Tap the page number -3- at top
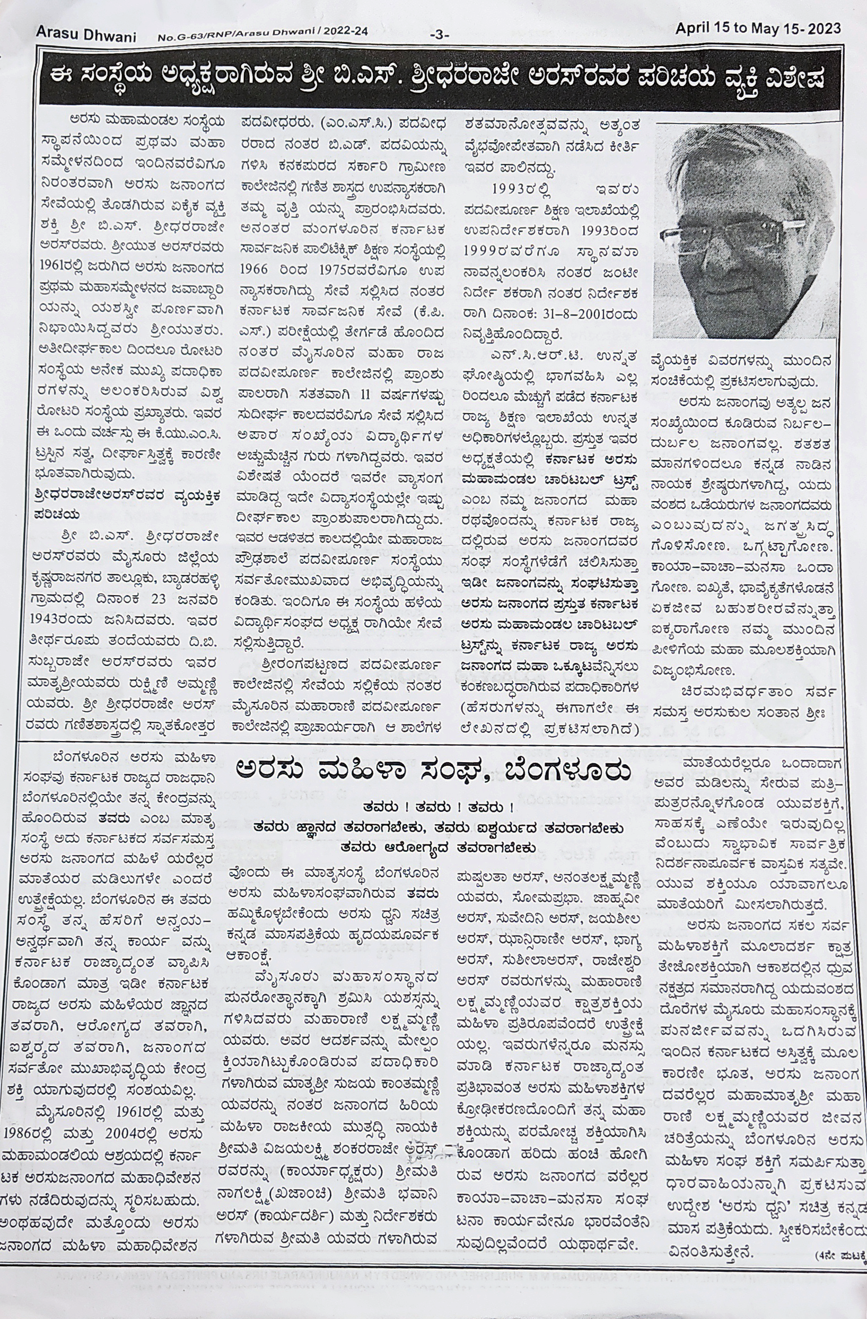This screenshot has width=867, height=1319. click(x=439, y=35)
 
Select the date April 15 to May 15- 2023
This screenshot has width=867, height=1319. click(x=757, y=29)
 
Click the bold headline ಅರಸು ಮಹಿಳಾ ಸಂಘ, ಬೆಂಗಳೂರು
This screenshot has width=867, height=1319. click(x=432, y=772)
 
